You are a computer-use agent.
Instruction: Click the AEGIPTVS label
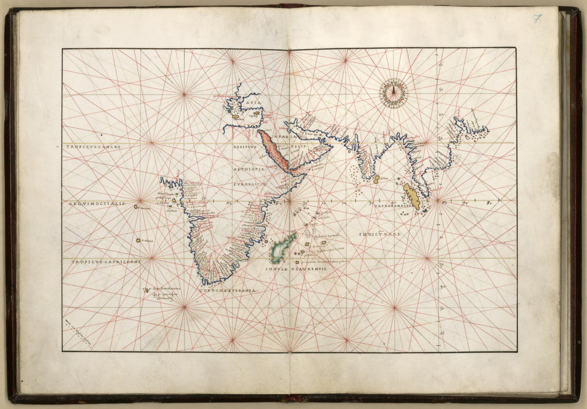[x=245, y=146]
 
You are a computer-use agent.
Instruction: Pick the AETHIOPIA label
[x=249, y=169]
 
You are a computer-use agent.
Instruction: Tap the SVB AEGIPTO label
[x=249, y=184]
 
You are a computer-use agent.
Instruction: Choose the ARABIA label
[x=287, y=136]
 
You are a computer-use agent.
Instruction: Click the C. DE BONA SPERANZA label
[x=229, y=290]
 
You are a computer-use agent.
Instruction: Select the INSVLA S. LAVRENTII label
[x=296, y=269]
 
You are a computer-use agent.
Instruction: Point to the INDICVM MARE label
[x=379, y=234]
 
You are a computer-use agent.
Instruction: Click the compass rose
[x=394, y=93]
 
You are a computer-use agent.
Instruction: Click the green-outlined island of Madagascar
[x=279, y=251]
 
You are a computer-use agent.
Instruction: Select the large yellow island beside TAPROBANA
[x=411, y=196]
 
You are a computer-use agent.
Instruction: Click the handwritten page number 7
[x=537, y=19]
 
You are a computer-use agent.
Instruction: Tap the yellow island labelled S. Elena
[x=138, y=240]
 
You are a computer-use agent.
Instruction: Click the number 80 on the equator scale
[x=489, y=202]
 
